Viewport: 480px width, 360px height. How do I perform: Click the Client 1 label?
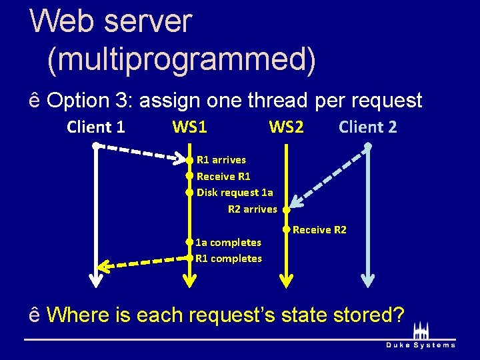point(96,127)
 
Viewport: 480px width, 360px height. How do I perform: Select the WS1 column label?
point(189,127)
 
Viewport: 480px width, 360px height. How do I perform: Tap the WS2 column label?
point(286,127)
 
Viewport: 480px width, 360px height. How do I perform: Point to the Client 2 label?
point(367,127)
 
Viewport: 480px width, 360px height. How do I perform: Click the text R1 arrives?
point(221,160)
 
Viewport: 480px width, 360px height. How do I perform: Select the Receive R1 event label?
point(223,177)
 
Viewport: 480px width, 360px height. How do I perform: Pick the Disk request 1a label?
point(235,193)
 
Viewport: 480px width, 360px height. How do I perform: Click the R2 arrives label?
point(252,209)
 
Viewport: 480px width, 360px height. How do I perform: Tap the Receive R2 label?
point(319,230)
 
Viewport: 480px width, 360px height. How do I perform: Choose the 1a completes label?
point(228,242)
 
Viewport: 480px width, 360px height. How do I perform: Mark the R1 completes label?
point(229,259)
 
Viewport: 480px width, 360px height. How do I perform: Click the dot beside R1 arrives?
point(189,160)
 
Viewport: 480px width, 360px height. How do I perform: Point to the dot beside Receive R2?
point(285,230)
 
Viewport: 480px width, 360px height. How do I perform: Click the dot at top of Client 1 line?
point(96,145)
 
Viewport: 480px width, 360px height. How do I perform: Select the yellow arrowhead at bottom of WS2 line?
point(285,279)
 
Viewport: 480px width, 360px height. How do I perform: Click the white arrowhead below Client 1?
point(96,280)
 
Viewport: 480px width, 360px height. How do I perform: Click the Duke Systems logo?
point(421,337)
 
